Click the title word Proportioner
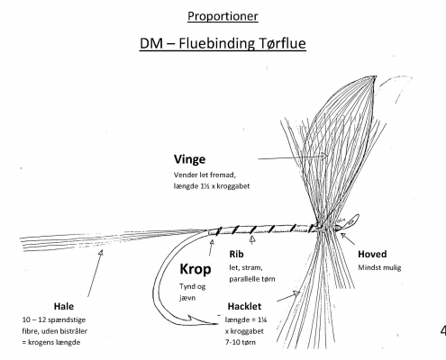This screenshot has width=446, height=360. (223, 16)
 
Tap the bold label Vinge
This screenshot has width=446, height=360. (189, 159)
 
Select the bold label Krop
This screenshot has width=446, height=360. (196, 269)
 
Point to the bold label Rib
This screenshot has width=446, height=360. (236, 254)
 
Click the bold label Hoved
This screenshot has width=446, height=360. (372, 254)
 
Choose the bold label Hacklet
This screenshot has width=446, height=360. (244, 306)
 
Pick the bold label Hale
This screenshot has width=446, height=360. (64, 306)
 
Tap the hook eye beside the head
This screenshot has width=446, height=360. (352, 221)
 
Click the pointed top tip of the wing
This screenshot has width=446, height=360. (375, 76)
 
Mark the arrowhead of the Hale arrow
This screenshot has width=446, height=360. (101, 252)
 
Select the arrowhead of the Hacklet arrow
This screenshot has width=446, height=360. (297, 292)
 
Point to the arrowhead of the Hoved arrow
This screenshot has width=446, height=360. (342, 235)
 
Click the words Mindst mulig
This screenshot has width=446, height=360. (379, 267)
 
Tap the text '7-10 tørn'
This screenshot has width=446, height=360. (241, 342)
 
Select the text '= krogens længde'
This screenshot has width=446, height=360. (51, 342)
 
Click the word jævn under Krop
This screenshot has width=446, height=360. (187, 298)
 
